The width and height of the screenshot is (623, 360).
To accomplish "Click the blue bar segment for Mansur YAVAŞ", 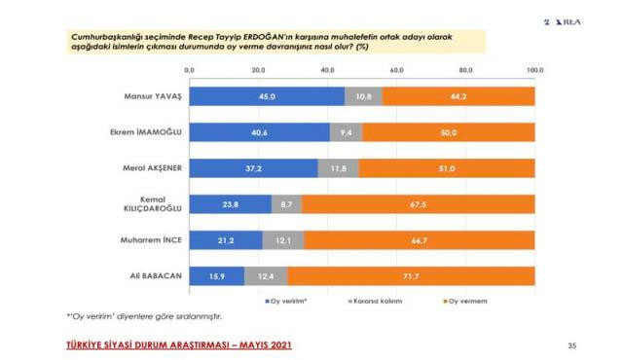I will point(266,96).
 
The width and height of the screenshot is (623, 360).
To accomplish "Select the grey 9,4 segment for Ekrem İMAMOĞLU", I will point(346,132).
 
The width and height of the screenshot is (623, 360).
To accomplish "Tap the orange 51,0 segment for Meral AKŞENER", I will point(447,168).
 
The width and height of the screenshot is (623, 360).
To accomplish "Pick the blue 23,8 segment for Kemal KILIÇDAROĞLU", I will point(230,204).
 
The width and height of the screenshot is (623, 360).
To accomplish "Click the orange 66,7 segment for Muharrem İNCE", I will point(420,240).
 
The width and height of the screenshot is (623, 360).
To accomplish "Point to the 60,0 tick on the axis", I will point(396,70).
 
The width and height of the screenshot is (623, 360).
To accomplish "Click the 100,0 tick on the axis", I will point(534,70).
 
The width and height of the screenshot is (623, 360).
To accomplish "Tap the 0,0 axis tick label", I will point(189,70).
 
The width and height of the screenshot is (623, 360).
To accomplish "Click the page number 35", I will point(571,345).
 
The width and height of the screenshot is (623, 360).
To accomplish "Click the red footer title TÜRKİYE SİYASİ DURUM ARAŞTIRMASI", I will point(177,345).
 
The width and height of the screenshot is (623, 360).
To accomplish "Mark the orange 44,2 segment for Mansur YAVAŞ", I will point(458,96).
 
